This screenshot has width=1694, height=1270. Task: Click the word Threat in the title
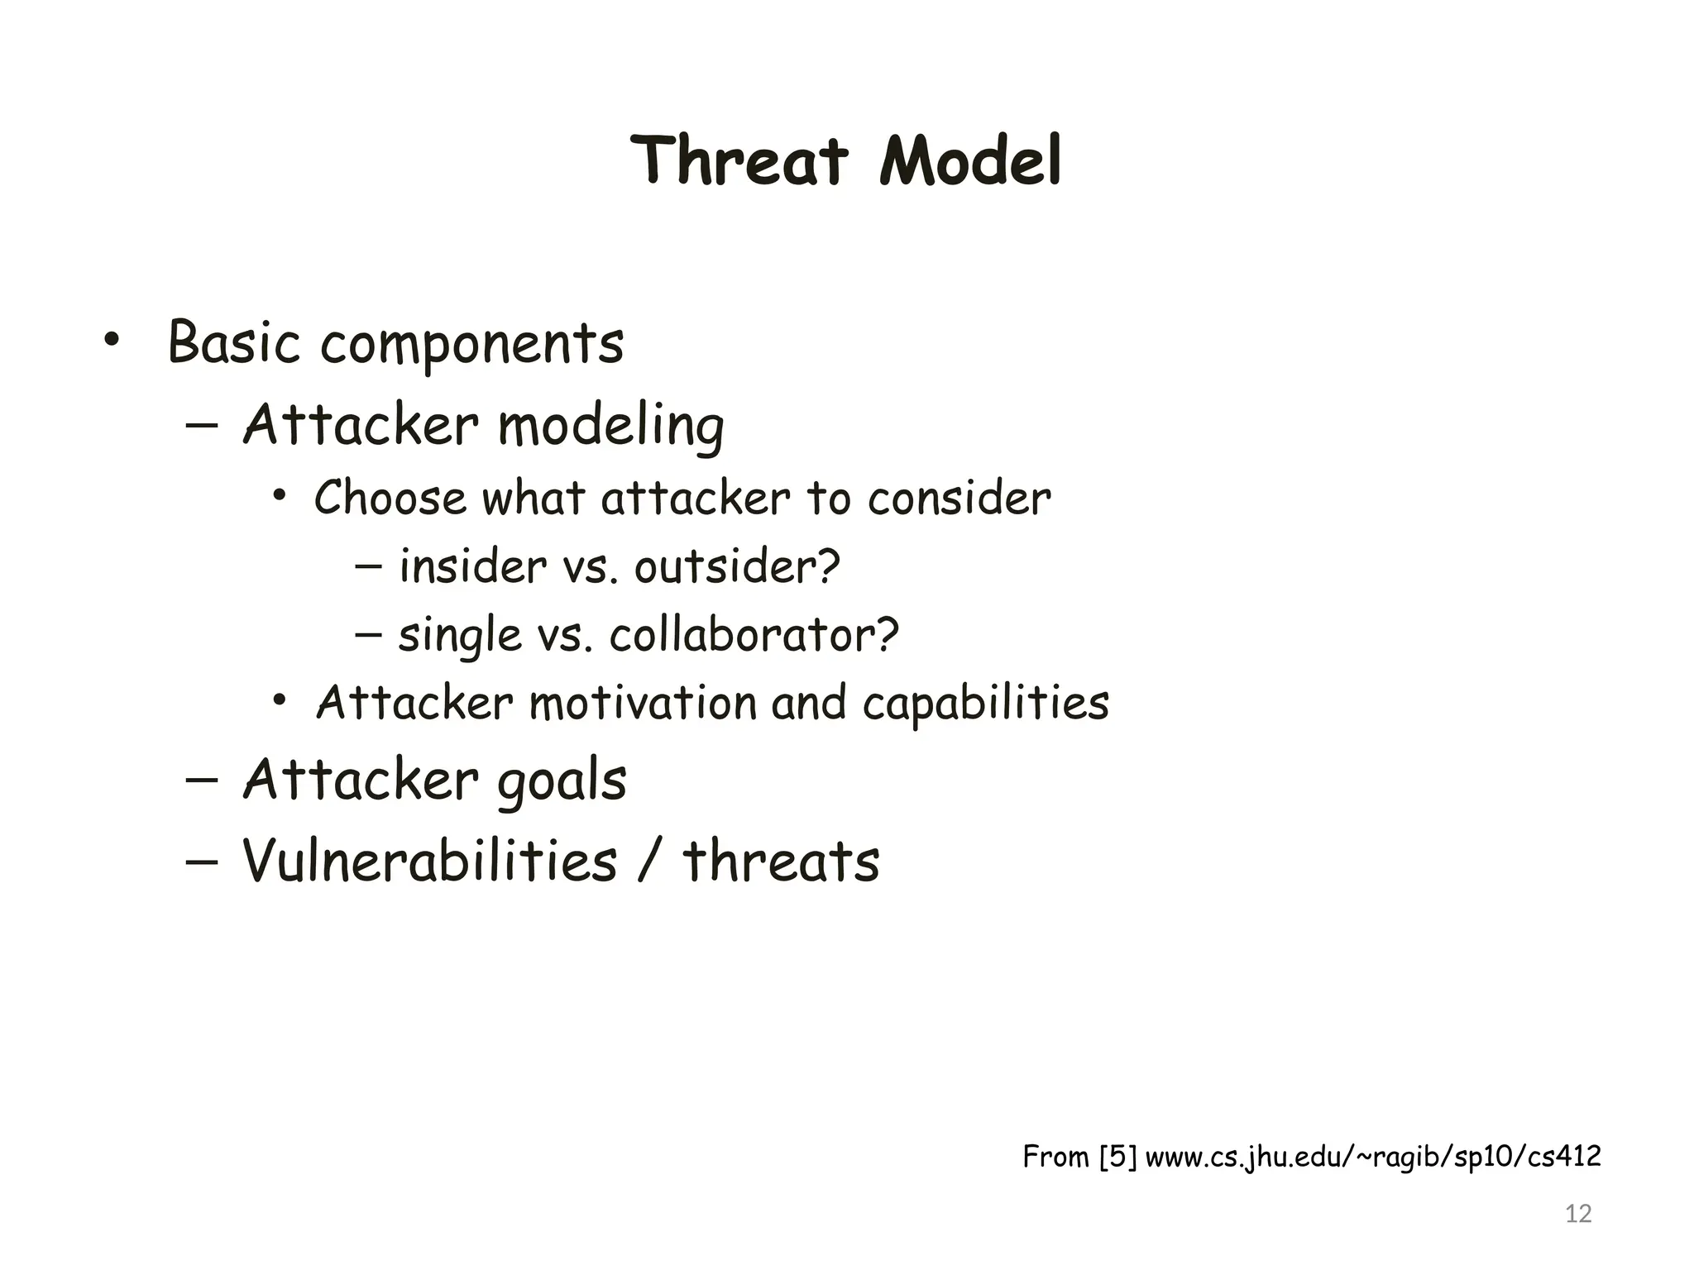coord(739,160)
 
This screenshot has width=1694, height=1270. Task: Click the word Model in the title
coord(970,160)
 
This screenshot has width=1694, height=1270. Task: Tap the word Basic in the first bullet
coord(233,342)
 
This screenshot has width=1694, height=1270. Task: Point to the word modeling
coord(610,427)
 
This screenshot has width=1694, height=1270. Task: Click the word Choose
coord(390,499)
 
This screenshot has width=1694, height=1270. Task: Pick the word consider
coord(959,499)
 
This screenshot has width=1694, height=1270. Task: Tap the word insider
coord(472,567)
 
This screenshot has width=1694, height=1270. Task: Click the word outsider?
coord(737,567)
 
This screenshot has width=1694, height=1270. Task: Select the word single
coord(460,636)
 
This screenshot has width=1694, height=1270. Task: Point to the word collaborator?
coord(754,636)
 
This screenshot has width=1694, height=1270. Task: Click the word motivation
coord(643,704)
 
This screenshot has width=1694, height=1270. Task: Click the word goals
coord(562,782)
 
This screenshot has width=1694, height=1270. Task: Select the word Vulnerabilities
coord(429,861)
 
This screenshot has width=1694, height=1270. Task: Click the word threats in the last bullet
coord(781,861)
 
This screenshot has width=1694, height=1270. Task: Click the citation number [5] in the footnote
coord(1118,1157)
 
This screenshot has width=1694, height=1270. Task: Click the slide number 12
coord(1578,1214)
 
